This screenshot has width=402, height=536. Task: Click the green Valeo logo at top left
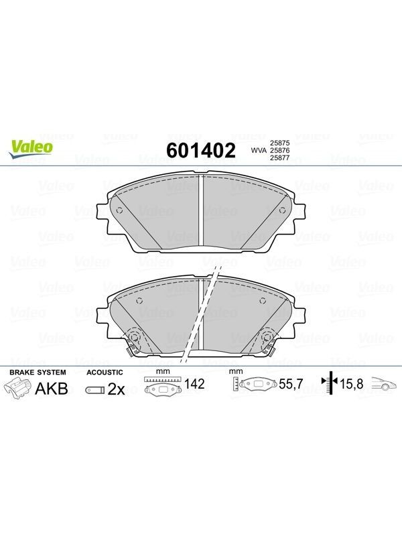click(31, 149)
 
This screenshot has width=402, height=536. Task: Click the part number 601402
click(200, 150)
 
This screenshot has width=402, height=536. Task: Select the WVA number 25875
click(279, 143)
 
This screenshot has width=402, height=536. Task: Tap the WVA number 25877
click(279, 158)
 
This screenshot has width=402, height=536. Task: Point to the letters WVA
click(259, 150)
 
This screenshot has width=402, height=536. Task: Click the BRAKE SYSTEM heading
click(38, 373)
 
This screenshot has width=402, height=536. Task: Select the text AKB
click(52, 389)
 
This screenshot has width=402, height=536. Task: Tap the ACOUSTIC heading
click(105, 373)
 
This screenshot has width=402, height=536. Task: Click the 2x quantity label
click(116, 389)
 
